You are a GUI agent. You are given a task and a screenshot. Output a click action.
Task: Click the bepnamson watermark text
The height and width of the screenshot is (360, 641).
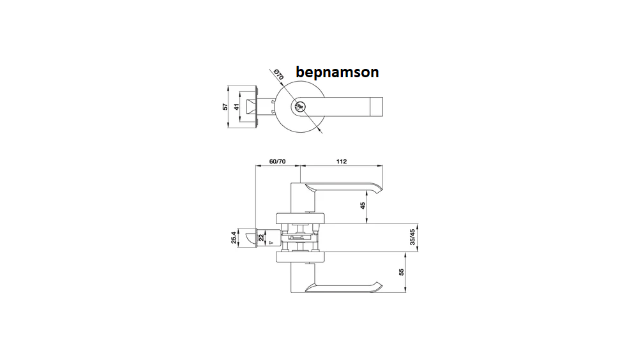pyautogui.click(x=337, y=72)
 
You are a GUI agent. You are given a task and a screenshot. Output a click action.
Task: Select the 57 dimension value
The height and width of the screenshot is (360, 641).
pyautogui.click(x=225, y=107)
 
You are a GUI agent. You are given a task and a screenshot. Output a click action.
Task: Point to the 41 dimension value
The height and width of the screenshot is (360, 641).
pyautogui.click(x=236, y=107)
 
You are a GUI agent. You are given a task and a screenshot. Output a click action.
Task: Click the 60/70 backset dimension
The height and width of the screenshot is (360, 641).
pyautogui.click(x=278, y=161)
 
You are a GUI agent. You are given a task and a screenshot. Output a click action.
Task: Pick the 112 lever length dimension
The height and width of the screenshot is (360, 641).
pyautogui.click(x=342, y=161)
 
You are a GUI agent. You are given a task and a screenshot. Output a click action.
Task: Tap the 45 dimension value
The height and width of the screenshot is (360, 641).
pyautogui.click(x=363, y=206)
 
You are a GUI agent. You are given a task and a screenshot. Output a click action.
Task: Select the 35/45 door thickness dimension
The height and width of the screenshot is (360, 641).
pyautogui.click(x=412, y=237)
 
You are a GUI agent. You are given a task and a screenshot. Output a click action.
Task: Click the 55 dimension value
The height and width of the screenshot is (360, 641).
pyautogui.click(x=402, y=272)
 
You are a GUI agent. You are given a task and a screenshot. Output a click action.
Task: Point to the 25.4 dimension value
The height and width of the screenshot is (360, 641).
pyautogui.click(x=234, y=238)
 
